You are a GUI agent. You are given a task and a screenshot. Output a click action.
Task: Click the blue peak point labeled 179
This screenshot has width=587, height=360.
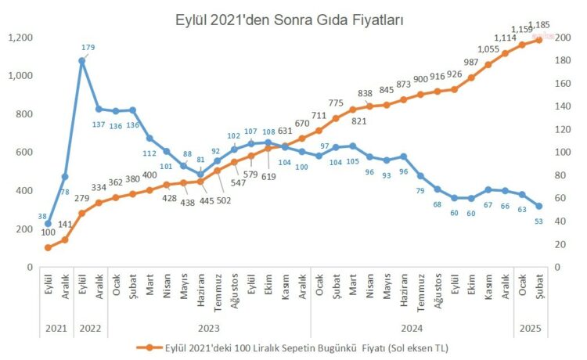pyautogui.click(x=82, y=60)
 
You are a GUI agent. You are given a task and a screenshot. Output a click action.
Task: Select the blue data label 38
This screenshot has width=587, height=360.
pyautogui.click(x=41, y=215)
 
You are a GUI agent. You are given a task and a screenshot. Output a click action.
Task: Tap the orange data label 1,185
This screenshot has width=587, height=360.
pyautogui.click(x=539, y=24)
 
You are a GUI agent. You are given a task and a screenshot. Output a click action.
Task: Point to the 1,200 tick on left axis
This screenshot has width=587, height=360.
pyautogui.click(x=20, y=38)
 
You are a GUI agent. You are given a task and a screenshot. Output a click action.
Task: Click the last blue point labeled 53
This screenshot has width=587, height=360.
pyautogui.click(x=538, y=206)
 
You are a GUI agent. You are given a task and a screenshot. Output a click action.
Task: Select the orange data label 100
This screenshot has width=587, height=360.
pyautogui.click(x=49, y=232)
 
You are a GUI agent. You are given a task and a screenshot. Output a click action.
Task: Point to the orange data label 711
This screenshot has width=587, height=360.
pyautogui.click(x=319, y=116)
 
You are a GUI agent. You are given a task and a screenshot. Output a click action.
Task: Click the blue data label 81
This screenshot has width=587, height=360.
pyautogui.click(x=200, y=160)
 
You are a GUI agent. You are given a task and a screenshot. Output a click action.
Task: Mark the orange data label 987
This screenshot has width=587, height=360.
pyautogui.click(x=471, y=63)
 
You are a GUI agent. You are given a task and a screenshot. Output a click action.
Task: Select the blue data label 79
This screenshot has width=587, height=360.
pyautogui.click(x=420, y=191)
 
